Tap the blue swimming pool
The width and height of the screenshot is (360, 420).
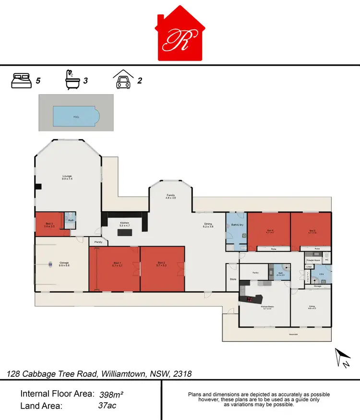click(x=76, y=115)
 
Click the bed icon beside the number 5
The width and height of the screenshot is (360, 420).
click(x=21, y=81)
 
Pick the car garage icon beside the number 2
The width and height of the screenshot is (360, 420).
click(x=122, y=80)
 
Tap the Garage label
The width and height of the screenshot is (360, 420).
click(x=64, y=263)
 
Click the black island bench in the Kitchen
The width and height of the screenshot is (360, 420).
click(x=125, y=232)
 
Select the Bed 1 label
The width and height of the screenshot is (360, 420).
click(x=117, y=263)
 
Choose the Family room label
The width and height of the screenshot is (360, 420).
click(x=170, y=196)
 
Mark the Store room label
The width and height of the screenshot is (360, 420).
click(x=233, y=279)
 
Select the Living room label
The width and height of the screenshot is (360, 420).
click(x=312, y=307)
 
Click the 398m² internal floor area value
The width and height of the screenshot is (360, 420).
click(x=111, y=395)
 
